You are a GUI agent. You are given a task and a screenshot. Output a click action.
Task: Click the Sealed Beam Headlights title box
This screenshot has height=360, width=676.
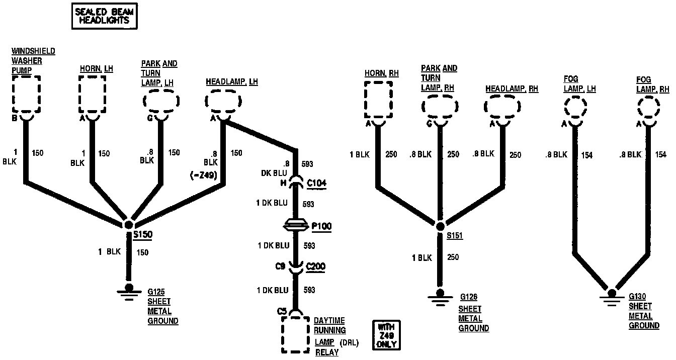(104, 16)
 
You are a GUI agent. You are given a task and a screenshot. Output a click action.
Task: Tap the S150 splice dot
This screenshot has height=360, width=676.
(129, 225)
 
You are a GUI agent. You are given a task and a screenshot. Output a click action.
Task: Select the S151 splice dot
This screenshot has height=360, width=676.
(440, 226)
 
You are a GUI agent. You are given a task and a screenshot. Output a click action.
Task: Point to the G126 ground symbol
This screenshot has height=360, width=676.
(440, 295)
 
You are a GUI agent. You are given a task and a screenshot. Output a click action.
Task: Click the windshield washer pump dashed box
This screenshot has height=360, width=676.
(26, 95)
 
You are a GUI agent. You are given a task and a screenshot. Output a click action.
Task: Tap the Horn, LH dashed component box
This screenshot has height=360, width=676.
(93, 94)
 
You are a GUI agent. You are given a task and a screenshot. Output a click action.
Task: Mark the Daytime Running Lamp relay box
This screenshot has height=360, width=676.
(295, 334)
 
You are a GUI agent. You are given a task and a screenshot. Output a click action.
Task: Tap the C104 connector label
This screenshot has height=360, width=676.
(316, 183)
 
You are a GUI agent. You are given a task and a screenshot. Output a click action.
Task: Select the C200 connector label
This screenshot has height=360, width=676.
(316, 266)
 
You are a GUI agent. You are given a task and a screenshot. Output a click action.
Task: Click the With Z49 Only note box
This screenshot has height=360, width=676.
(386, 335)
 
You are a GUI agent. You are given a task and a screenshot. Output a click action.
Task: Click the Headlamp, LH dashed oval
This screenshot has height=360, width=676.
(224, 102)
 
